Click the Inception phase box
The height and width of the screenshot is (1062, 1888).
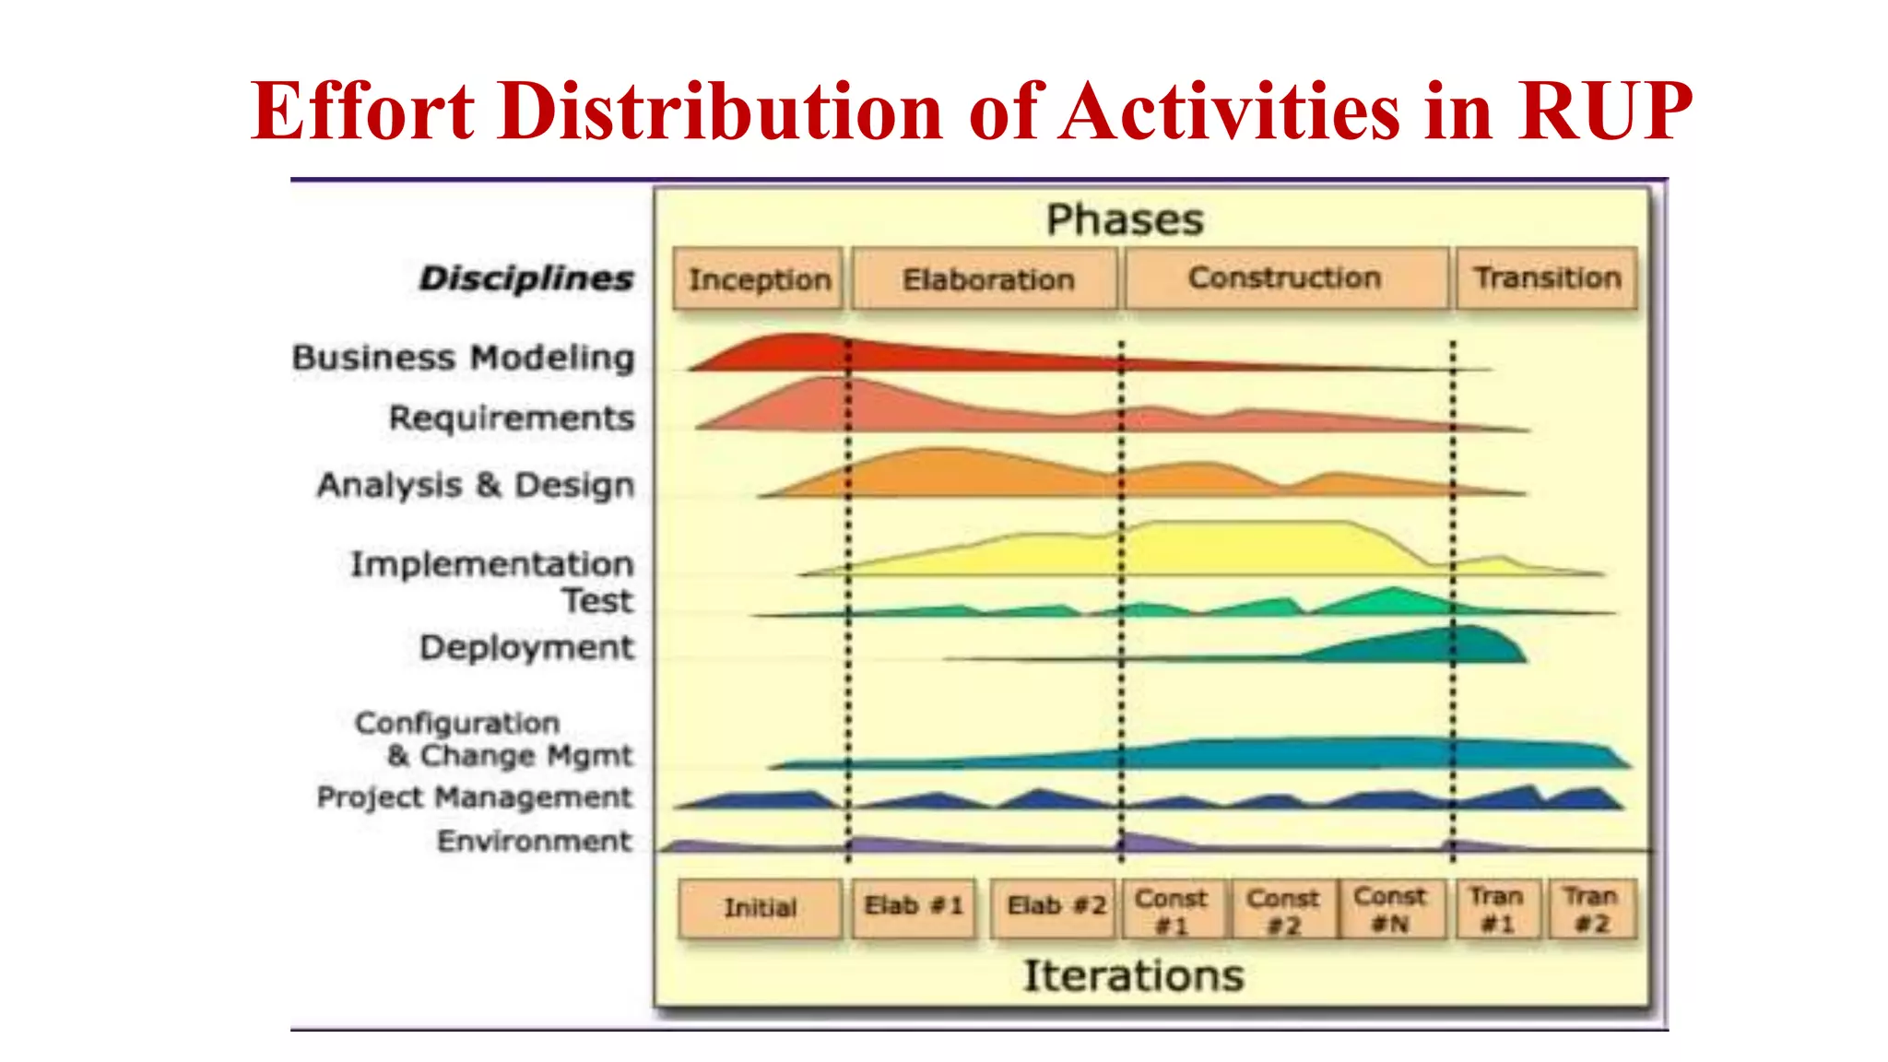tap(758, 278)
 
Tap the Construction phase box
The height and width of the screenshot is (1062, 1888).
tap(1285, 278)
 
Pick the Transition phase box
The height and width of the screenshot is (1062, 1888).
tap(1547, 278)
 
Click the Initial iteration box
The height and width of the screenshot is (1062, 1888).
tap(760, 908)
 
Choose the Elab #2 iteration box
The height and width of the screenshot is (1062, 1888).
tap(1055, 908)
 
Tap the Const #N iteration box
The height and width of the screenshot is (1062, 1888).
tap(1390, 909)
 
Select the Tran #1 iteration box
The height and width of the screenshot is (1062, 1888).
tap(1497, 909)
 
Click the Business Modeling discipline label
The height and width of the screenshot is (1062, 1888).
tap(464, 358)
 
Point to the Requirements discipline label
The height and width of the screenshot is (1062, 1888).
tap(512, 419)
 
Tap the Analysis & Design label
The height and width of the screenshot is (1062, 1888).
tap(476, 485)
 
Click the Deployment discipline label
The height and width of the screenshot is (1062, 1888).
tap(526, 648)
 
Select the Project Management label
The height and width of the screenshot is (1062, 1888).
tap(474, 797)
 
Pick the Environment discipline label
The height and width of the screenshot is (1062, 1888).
tap(534, 841)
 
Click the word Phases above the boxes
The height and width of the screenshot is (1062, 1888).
tap(1125, 220)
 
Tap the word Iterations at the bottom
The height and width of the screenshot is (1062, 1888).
tap(1133, 975)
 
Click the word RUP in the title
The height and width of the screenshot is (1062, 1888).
tap(1604, 112)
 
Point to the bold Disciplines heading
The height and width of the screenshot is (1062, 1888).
tap(525, 278)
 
